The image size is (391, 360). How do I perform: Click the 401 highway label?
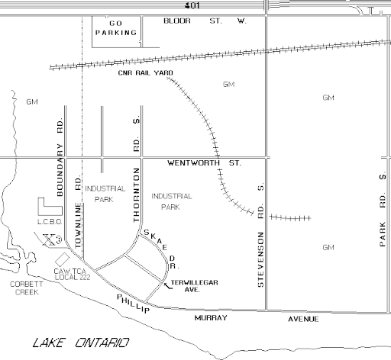tap(192, 5)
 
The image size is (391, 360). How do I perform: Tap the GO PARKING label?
tap(116, 28)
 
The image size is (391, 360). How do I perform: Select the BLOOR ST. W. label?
tap(205, 21)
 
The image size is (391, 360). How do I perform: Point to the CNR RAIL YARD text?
tap(145, 72)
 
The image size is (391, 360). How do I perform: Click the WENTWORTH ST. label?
tap(204, 163)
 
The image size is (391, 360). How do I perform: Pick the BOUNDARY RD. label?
tap(60, 156)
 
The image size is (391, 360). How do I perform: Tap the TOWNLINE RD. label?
tap(78, 211)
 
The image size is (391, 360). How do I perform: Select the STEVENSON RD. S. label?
tap(260, 235)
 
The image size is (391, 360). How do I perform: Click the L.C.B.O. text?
tap(50, 222)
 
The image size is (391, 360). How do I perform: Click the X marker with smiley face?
tap(52, 239)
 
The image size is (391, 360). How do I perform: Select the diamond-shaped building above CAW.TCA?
tap(63, 259)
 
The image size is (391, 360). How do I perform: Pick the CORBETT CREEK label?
tap(27, 288)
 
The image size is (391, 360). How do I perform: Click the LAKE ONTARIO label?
tap(81, 342)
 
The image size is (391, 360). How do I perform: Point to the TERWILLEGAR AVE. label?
tap(194, 286)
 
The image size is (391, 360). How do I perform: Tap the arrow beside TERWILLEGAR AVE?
tap(168, 286)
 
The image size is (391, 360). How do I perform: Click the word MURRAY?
tap(211, 318)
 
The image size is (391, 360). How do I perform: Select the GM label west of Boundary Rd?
tap(32, 102)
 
